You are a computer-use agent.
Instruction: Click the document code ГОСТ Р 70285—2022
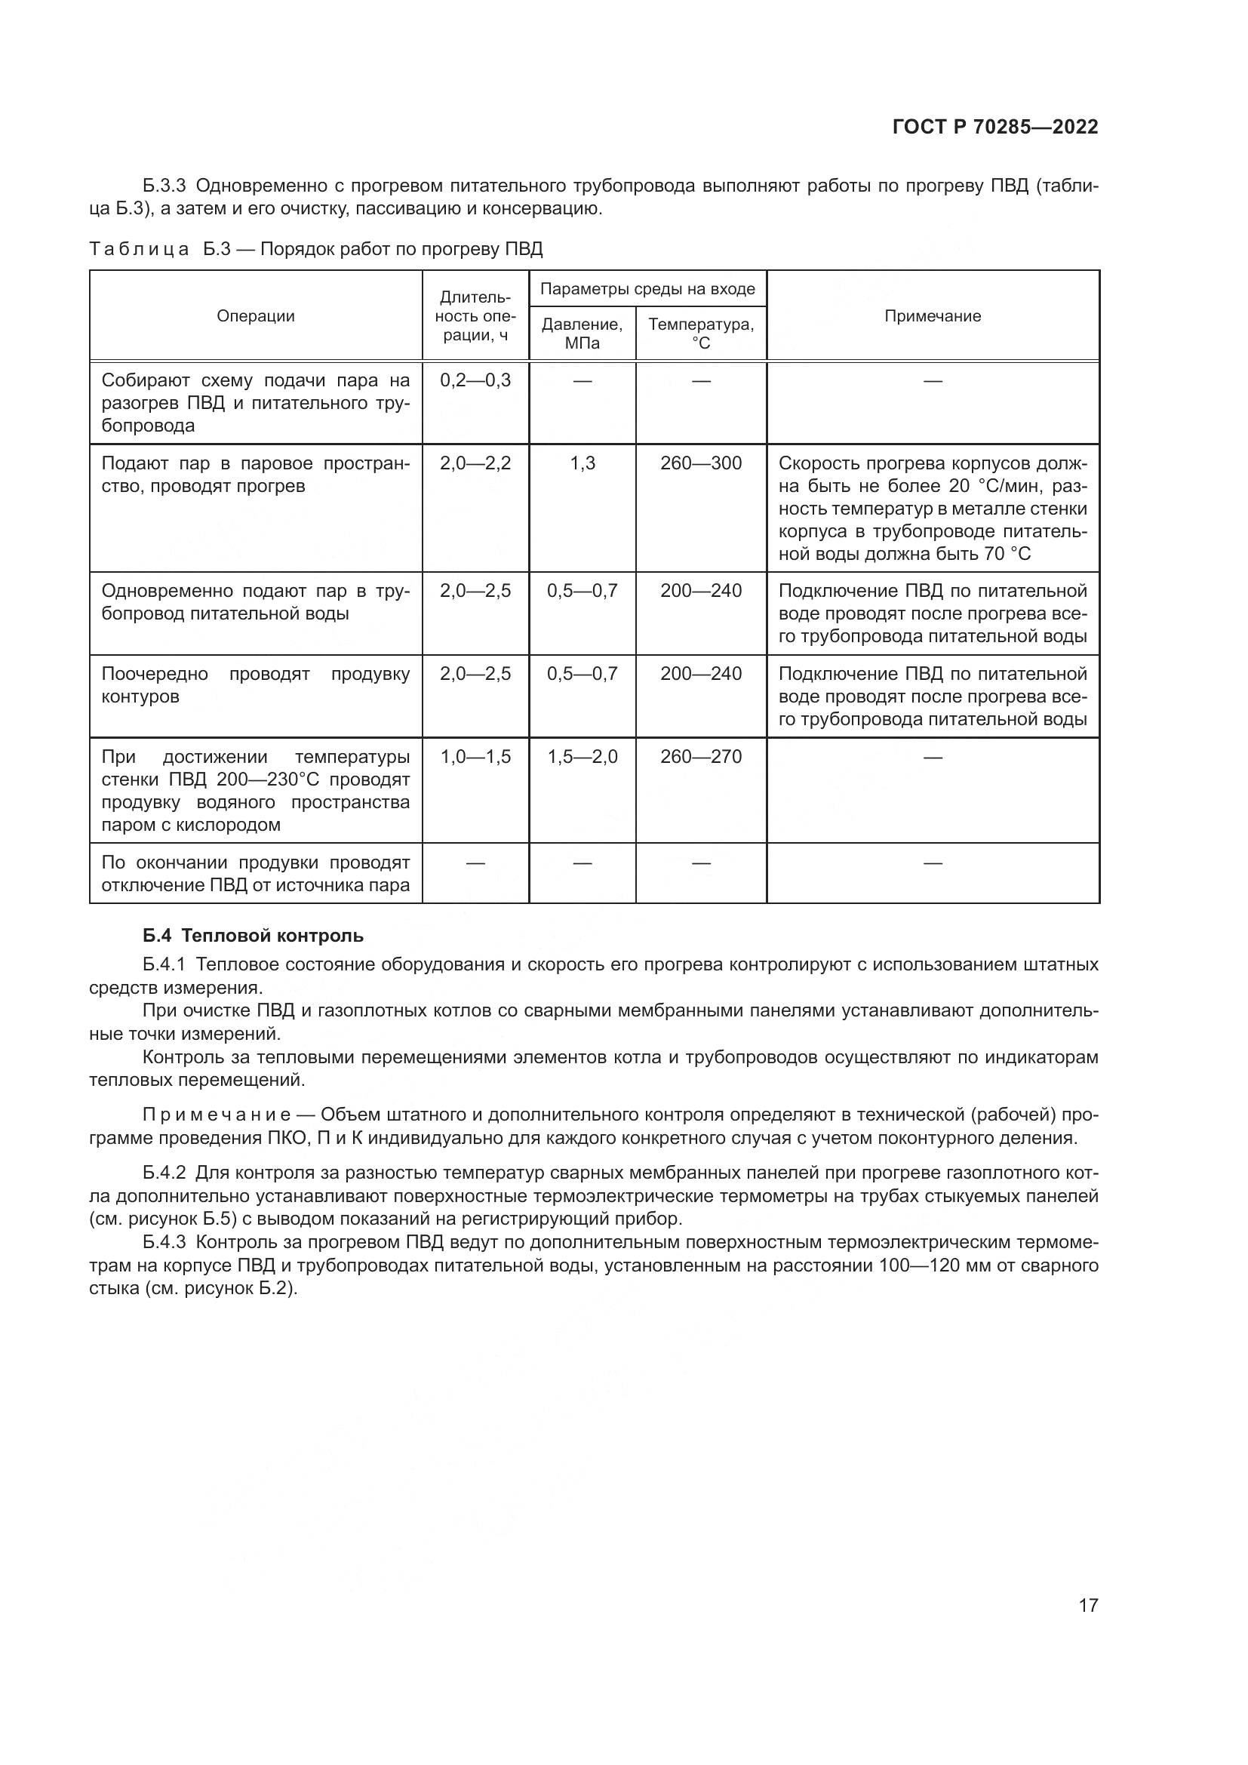click(994, 127)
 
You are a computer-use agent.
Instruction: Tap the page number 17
click(1087, 1605)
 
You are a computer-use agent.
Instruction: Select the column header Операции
click(255, 316)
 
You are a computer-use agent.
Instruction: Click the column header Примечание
click(932, 316)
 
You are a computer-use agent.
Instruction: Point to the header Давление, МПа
click(582, 334)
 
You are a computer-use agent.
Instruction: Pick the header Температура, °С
click(701, 334)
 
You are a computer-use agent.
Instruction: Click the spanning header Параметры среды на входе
click(647, 289)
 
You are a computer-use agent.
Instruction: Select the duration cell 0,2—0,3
click(475, 380)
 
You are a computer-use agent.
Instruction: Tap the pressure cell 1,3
click(582, 463)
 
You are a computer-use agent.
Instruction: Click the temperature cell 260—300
click(701, 463)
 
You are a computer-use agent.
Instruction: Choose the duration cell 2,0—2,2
click(475, 463)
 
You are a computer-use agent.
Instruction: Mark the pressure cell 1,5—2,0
click(582, 757)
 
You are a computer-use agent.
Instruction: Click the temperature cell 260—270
click(701, 757)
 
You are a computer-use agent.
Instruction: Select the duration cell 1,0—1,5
click(475, 757)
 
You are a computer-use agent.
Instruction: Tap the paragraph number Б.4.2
click(164, 1173)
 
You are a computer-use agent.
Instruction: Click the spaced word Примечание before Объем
click(216, 1115)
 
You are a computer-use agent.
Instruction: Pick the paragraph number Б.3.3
click(164, 186)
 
